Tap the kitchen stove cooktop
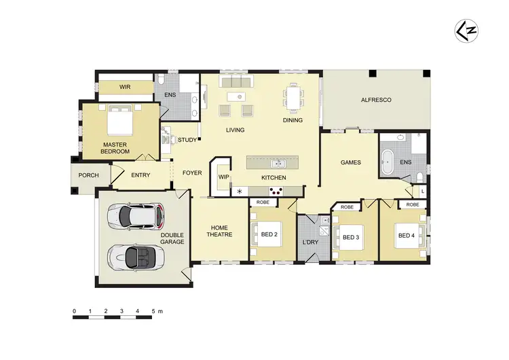pyautogui.click(x=277, y=191)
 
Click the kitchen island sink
pyautogui.click(x=276, y=163)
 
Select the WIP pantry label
pyautogui.click(x=223, y=177)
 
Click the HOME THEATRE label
pyautogui.click(x=219, y=231)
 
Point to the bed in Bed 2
pyautogui.click(x=270, y=235)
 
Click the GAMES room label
pyautogui.click(x=350, y=163)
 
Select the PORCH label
pyautogui.click(x=88, y=175)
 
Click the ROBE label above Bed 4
pyautogui.click(x=412, y=204)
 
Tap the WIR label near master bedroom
pyautogui.click(x=125, y=87)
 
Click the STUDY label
pyautogui.click(x=187, y=141)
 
